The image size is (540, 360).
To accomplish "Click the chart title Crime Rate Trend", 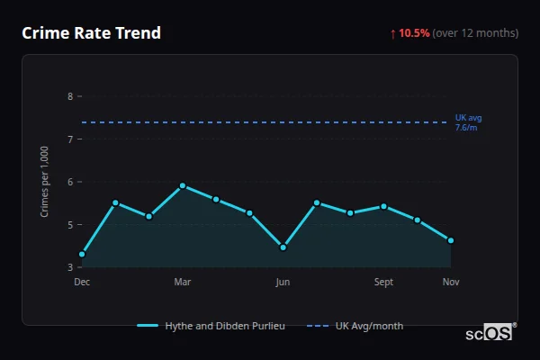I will point(91,33).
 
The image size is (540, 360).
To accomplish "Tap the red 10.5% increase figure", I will point(414,33).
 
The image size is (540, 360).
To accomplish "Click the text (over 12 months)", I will point(475,33).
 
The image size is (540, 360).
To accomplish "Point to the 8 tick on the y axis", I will point(70,96).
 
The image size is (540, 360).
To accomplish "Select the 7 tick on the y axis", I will point(70,139).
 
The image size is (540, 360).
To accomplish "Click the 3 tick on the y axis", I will point(70,267).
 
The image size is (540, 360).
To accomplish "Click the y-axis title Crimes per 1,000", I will point(45,181).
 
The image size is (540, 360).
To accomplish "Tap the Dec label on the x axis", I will point(82,282).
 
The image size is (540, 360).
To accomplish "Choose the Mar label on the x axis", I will point(183,282).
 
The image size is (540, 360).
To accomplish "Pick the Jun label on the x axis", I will point(283,282).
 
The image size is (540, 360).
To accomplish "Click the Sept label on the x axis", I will point(383,282).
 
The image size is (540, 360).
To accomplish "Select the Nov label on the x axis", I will point(451,282).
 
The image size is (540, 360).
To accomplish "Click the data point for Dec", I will point(82,255).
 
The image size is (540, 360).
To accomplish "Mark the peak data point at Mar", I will point(183,185).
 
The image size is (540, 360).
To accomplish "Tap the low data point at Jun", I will point(283,247).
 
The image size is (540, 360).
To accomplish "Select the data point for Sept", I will point(383,206).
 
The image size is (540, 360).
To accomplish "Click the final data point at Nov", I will point(451,240).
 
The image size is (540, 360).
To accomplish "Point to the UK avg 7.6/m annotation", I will point(468,122).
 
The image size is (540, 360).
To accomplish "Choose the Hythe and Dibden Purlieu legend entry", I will point(212,326).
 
